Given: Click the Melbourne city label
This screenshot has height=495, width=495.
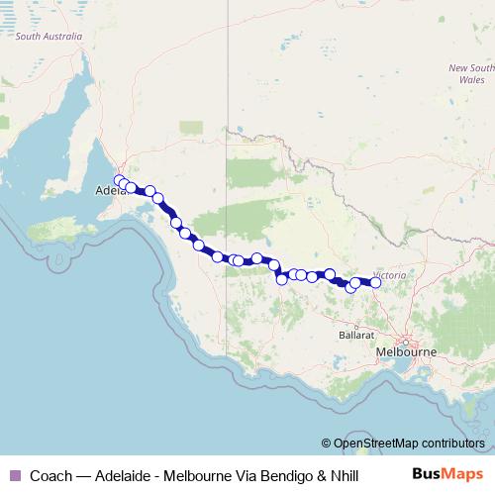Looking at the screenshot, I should (406, 351).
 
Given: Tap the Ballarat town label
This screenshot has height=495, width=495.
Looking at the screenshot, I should (355, 335).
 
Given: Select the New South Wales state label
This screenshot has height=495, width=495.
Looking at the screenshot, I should (471, 73).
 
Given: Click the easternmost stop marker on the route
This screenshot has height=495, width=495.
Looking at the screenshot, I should (375, 282).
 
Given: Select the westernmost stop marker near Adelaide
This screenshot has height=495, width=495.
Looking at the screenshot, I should (120, 181).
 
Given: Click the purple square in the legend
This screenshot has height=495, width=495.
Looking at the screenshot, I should (14, 475).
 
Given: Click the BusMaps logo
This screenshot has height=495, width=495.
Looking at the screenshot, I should (447, 474).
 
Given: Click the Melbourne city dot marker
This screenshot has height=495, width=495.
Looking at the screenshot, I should (405, 342).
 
